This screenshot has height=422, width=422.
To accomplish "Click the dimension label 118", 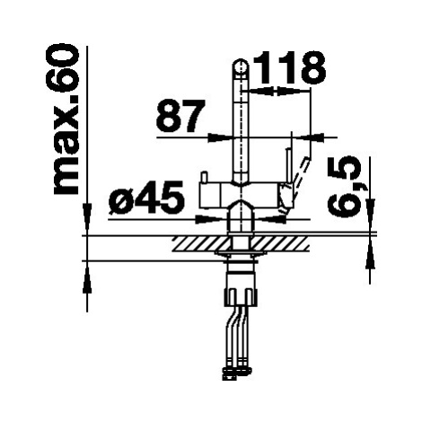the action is coord(289,67).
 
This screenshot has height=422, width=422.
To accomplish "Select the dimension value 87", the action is coord(180,116).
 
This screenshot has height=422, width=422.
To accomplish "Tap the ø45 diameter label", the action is coord(146,198).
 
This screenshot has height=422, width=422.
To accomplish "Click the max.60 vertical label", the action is coord(66,120).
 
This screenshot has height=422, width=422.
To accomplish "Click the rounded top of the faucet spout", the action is coord(241,66).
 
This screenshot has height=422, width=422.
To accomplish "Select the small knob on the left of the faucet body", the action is coord(204,178).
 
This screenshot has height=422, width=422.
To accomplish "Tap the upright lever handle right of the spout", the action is coord(289,167).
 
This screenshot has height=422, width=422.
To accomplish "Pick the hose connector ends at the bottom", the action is coord(238,372).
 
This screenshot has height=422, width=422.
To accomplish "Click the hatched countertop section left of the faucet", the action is coord(201,243).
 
